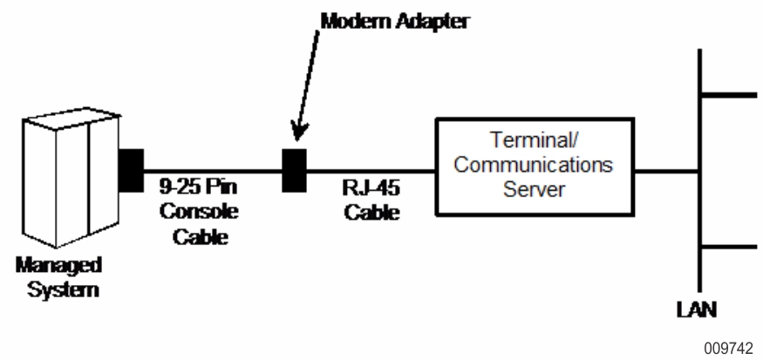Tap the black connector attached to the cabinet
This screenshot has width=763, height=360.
(130, 170)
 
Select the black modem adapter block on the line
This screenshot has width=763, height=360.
(294, 169)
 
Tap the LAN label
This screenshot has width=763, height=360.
(698, 309)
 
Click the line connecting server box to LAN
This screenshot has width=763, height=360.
(667, 169)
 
